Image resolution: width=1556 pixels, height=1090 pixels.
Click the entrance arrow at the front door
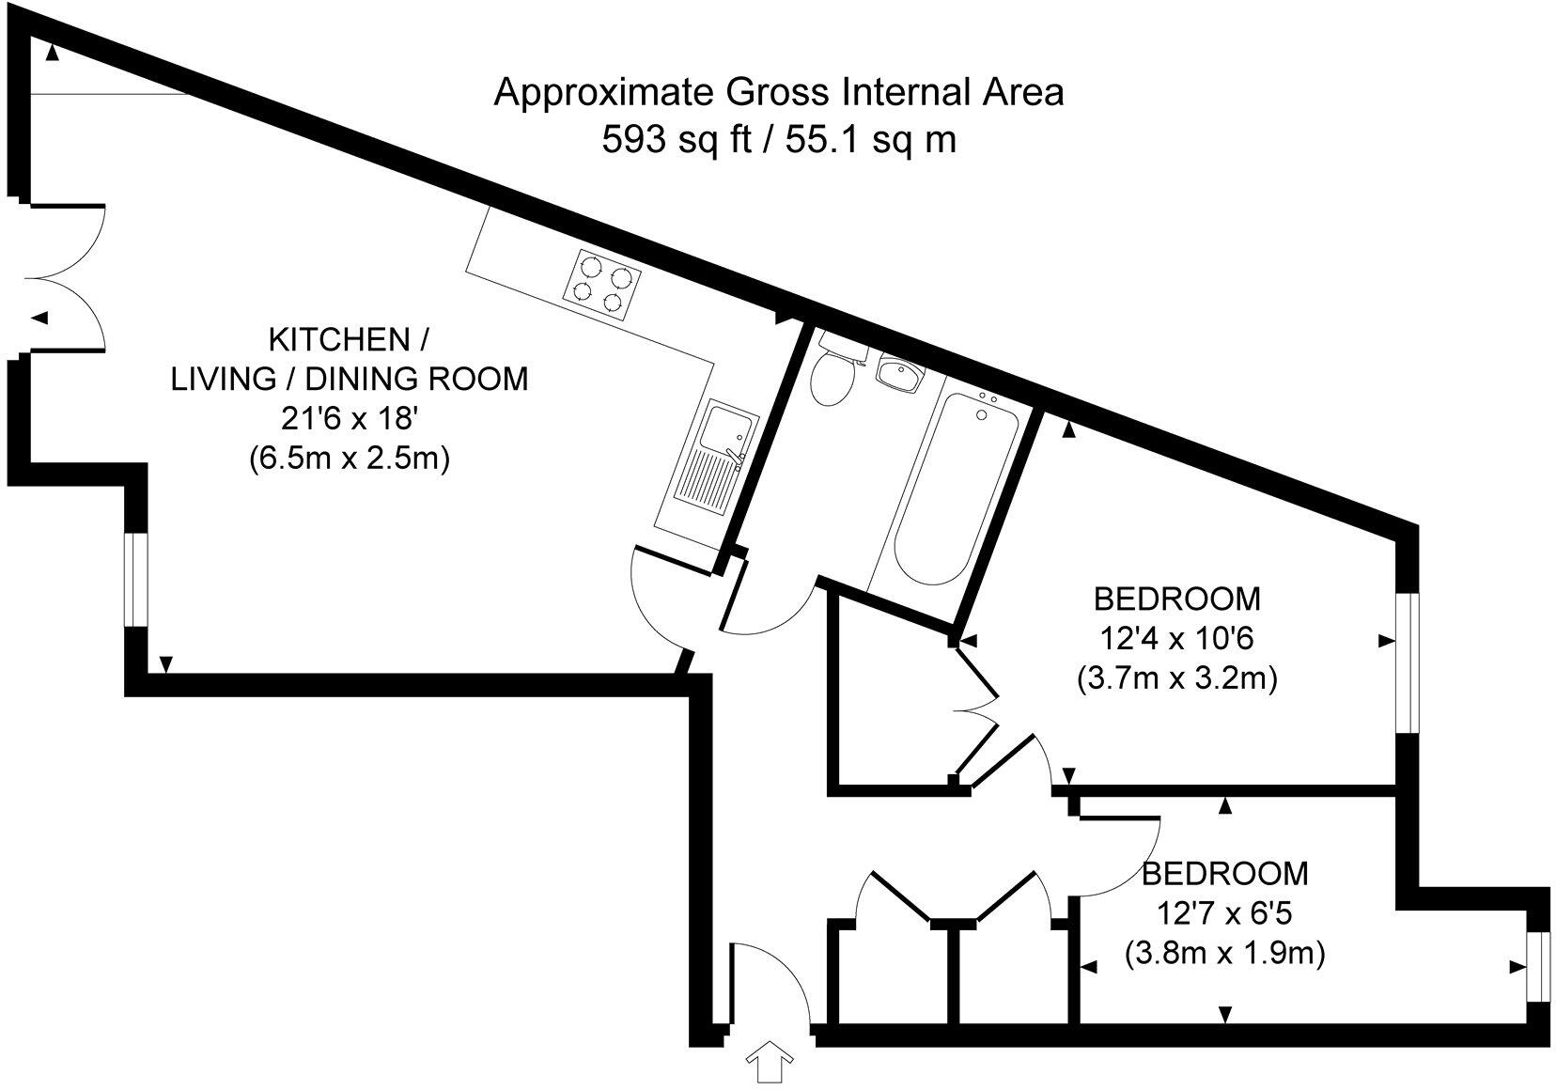770,1064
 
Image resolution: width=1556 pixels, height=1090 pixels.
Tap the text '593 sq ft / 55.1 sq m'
779,140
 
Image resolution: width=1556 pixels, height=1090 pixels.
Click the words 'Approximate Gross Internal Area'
779,92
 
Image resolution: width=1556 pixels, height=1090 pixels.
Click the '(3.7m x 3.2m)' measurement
1176,678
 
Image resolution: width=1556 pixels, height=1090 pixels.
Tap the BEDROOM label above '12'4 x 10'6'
1176,598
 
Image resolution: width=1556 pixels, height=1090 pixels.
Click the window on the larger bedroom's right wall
1407,662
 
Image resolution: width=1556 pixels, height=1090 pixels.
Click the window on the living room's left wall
137,580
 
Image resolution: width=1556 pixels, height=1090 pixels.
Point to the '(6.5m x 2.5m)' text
350,459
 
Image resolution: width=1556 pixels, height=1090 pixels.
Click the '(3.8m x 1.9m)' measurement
1224,955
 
